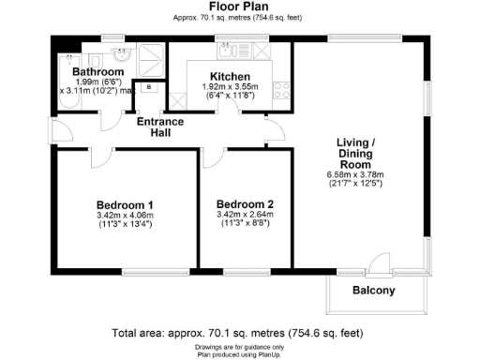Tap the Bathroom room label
pyautogui.click(x=99, y=71)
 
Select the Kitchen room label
pyautogui.click(x=230, y=75)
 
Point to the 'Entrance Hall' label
pyautogui.click(x=160, y=127)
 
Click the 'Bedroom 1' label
pyautogui.click(x=125, y=205)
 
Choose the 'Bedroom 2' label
pyautogui.click(x=245, y=205)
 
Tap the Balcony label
pyautogui.click(x=373, y=291)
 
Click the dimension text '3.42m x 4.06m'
pyautogui.click(x=125, y=216)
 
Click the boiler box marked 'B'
pyautogui.click(x=149, y=87)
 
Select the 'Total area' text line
pyautogui.click(x=240, y=333)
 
